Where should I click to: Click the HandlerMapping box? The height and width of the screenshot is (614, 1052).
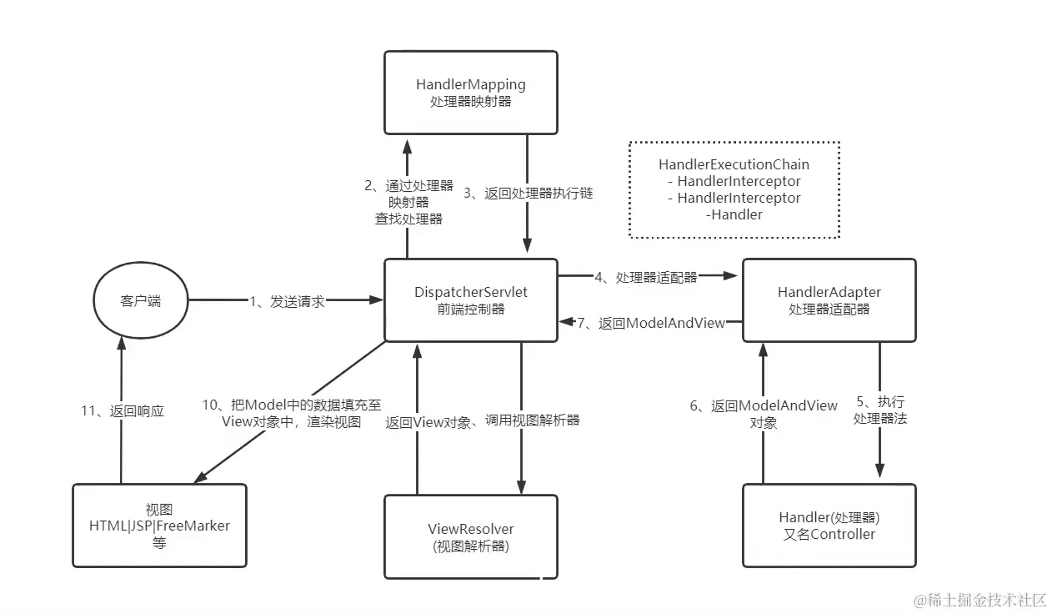click(471, 92)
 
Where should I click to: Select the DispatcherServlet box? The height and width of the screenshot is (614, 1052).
click(471, 300)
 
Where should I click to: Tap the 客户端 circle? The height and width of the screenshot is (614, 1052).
click(140, 300)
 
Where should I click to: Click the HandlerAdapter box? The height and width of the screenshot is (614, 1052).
click(829, 300)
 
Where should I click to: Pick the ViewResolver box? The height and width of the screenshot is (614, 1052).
click(471, 536)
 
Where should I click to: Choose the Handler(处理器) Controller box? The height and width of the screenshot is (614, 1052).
click(829, 526)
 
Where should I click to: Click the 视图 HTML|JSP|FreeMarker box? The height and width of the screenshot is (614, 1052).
click(159, 526)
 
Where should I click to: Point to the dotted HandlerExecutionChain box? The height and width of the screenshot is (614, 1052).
click(734, 189)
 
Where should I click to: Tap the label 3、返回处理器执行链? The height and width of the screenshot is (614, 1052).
click(528, 193)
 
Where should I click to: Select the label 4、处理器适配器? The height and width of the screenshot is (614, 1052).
click(646, 277)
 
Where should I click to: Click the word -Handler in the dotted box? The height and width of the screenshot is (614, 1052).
click(734, 214)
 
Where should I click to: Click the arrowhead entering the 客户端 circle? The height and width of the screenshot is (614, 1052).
click(121, 345)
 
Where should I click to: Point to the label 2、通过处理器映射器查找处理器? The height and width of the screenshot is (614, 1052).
click(408, 203)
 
